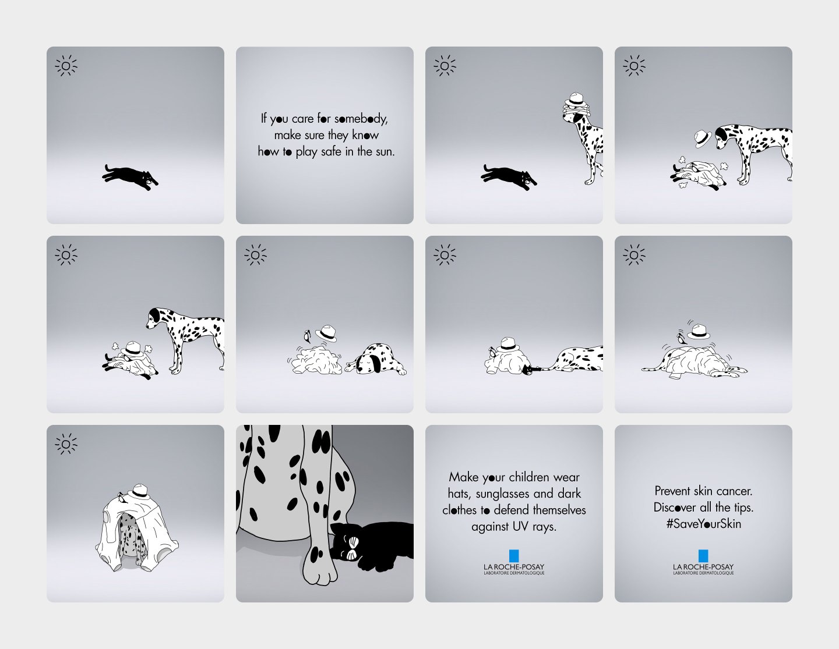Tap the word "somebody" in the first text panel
(361, 119)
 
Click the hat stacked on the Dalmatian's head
(575, 100)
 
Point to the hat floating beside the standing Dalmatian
(703, 139)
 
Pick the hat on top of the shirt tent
(139, 491)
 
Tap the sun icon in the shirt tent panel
(66, 444)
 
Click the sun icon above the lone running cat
(66, 66)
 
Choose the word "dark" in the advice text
(569, 494)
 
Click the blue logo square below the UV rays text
(514, 556)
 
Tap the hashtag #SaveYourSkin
(703, 524)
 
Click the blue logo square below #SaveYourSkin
(703, 556)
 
